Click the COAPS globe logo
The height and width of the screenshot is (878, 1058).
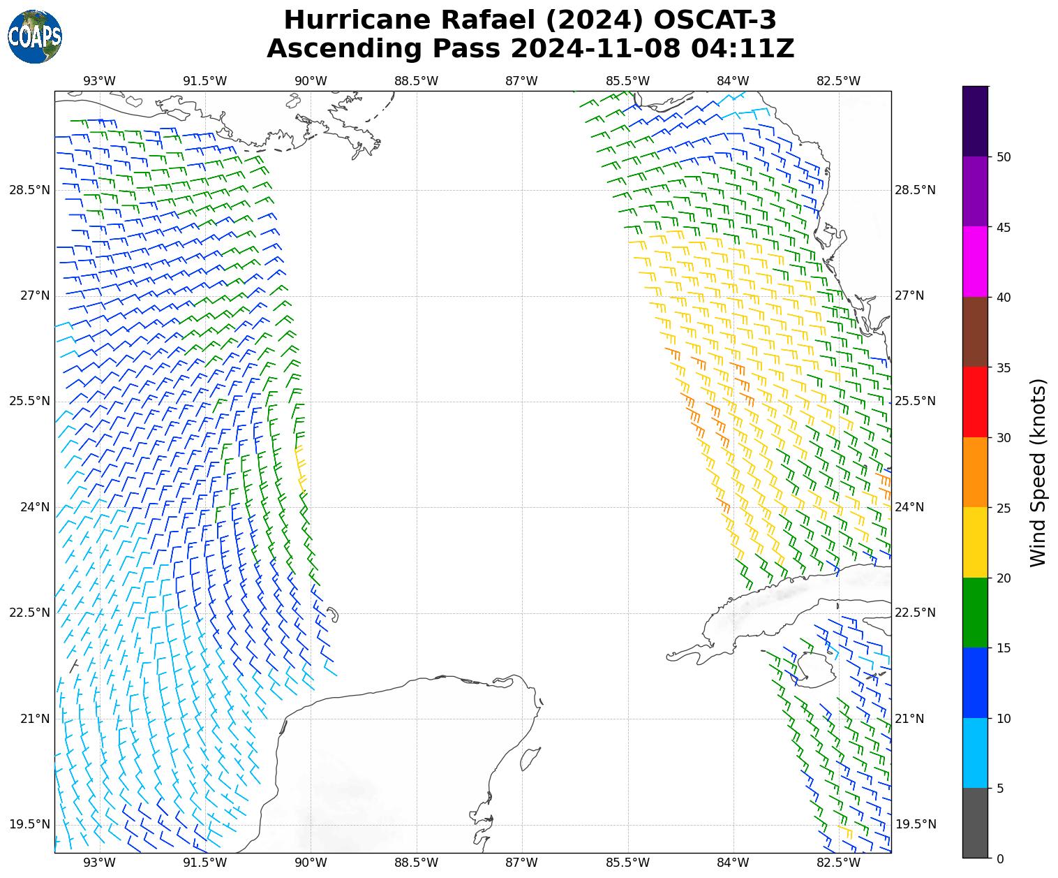(35, 36)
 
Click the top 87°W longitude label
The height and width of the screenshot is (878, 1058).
(521, 80)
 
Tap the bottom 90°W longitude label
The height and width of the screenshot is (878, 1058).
(311, 863)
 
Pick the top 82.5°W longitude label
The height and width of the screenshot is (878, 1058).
(838, 80)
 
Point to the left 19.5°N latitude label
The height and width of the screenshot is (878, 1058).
(29, 824)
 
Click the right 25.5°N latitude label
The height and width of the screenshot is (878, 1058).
(914, 401)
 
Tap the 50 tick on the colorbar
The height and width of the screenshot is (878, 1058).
(1004, 156)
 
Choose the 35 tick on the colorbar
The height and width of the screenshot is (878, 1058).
(1004, 367)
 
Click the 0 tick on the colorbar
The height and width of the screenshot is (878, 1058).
(1000, 858)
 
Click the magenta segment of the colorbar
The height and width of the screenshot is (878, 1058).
(975, 261)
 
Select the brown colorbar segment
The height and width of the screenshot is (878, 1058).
(975, 332)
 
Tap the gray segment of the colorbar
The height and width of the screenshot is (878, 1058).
(975, 823)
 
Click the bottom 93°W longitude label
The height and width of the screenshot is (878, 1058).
(100, 863)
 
